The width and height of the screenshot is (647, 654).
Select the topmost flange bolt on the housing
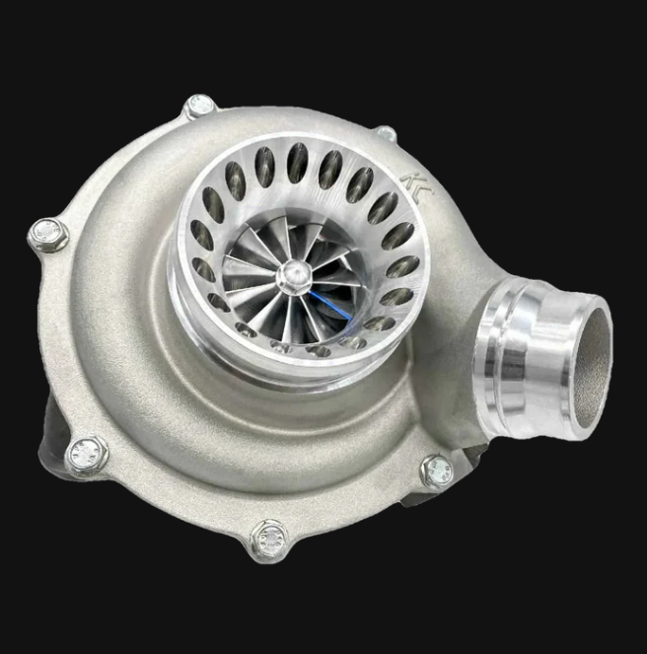[200, 106]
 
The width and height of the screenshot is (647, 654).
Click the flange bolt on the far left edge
[45, 235]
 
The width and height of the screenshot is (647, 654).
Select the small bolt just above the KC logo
[387, 132]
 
